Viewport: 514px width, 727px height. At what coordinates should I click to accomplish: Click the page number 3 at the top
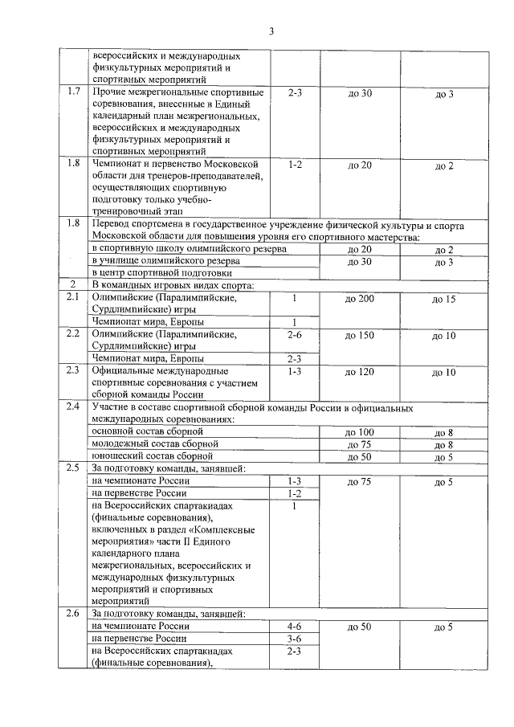271,31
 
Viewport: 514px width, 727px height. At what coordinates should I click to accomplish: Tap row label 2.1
74,298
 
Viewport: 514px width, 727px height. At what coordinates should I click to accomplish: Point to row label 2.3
74,371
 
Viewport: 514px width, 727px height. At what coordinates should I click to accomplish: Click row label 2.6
74,614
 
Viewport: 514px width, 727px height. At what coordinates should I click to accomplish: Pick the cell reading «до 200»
359,299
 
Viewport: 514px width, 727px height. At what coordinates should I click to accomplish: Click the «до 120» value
359,372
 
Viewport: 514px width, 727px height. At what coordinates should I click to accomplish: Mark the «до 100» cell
359,432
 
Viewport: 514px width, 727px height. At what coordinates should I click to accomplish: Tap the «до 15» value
444,299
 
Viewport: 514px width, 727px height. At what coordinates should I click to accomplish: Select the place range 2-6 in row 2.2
294,334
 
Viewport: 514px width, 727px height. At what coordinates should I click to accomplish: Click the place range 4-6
294,626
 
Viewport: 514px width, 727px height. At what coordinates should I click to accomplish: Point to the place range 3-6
294,639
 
